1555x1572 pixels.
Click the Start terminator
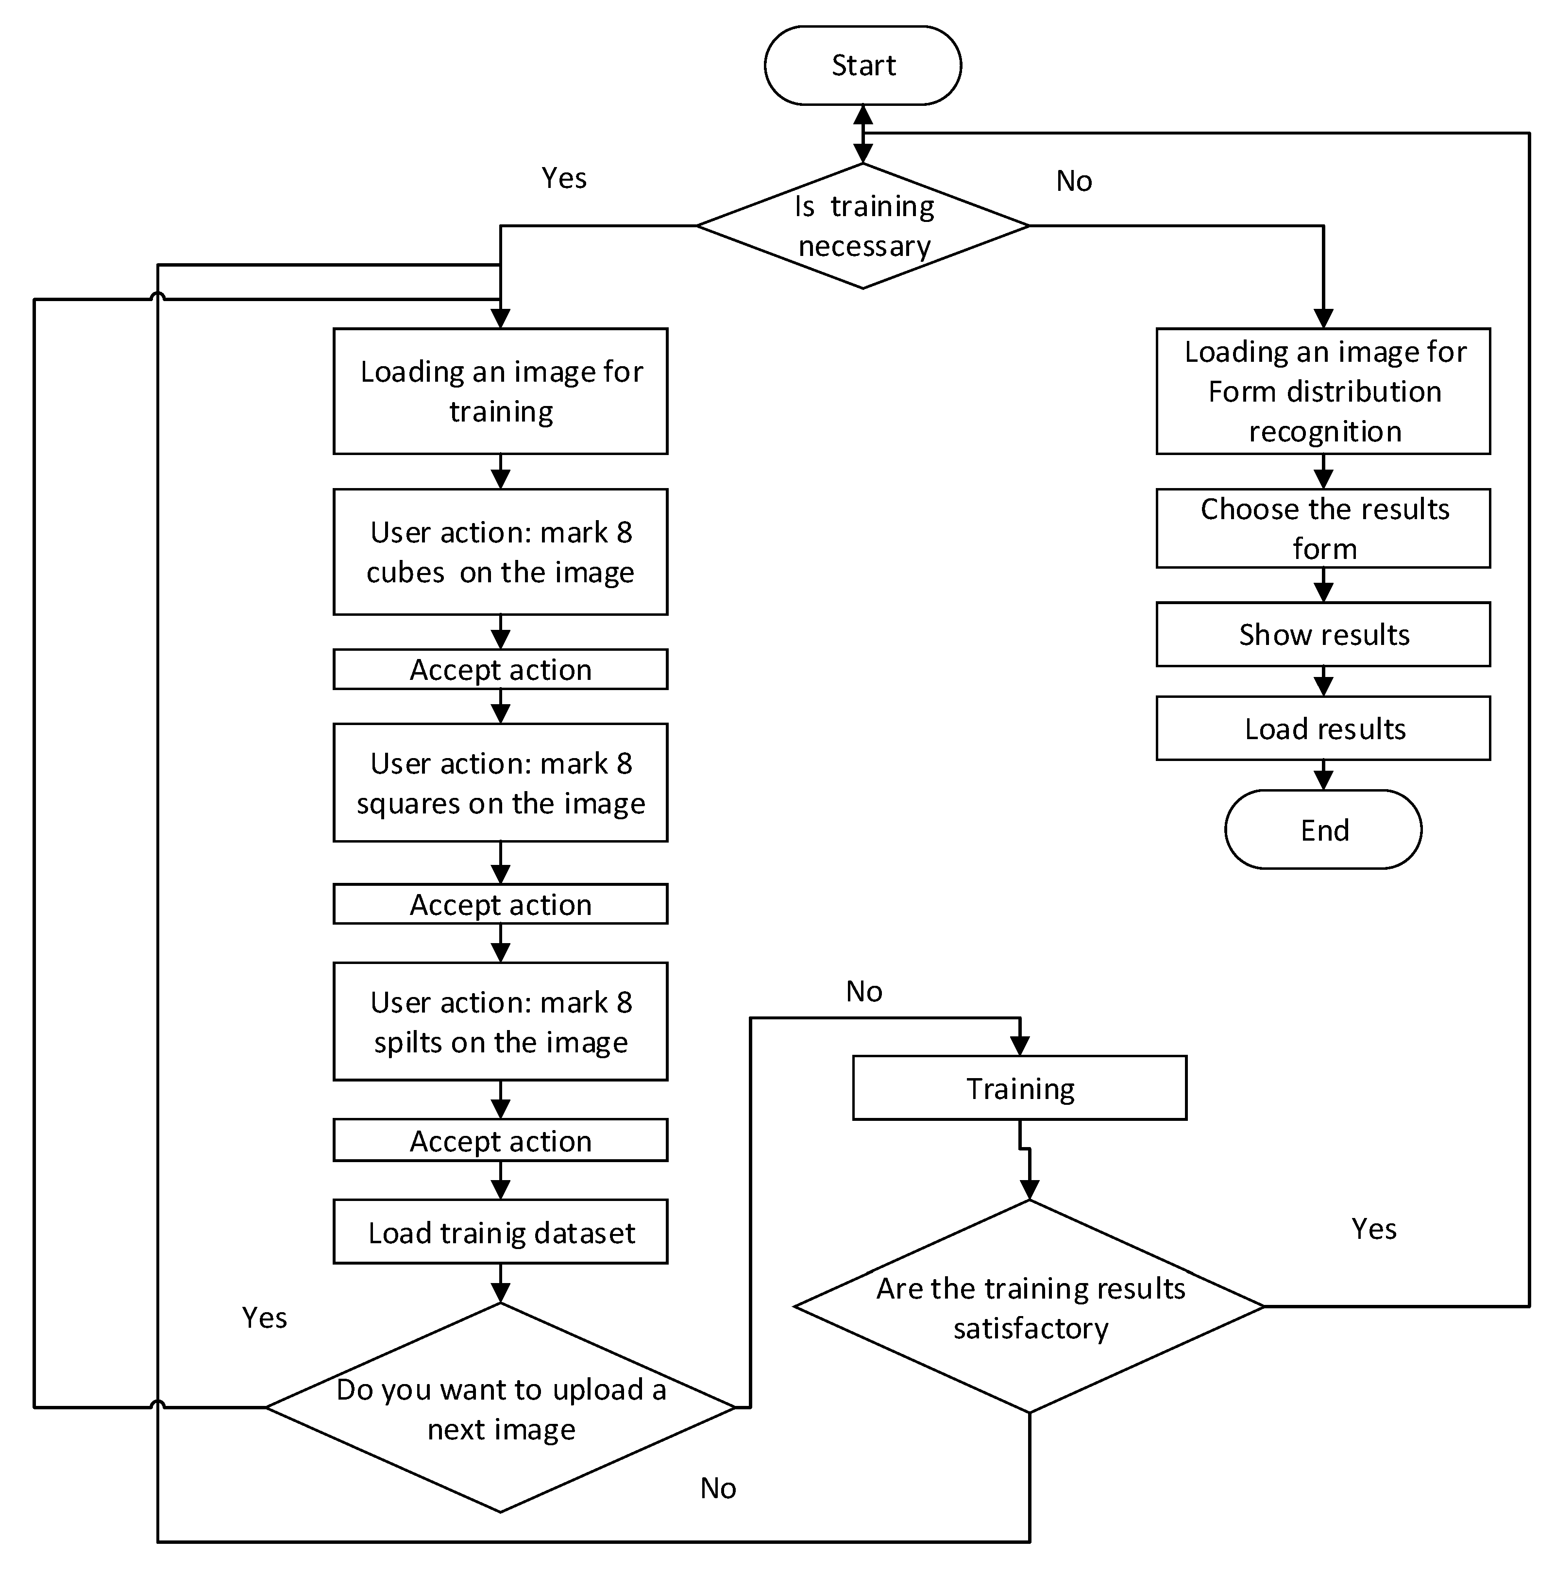coord(862,65)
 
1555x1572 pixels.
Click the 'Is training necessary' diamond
coord(862,226)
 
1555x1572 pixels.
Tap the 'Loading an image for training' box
coord(500,391)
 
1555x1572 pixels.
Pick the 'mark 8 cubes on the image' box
coord(500,552)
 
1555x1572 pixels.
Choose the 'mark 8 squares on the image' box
coord(500,783)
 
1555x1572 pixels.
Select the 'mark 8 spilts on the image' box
coord(500,1022)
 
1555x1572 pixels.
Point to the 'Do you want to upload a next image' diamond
coord(500,1408)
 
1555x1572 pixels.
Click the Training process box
coord(1019,1088)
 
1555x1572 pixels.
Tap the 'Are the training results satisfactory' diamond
coord(1030,1307)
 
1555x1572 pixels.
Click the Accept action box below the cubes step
coord(500,670)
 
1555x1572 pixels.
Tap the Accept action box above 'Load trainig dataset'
coord(500,1141)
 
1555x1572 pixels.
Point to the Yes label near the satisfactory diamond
coord(1373,1229)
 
